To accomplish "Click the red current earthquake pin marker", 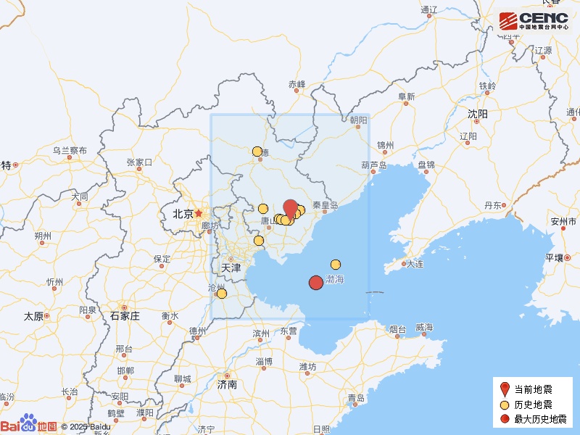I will coord(290,208).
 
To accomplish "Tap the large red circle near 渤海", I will coord(315,283).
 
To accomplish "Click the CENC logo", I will coord(534,20).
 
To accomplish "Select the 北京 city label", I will coord(183,214).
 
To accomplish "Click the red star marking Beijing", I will coord(199,213).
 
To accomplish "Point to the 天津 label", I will coord(230,268).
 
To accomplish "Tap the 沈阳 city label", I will coord(478,114).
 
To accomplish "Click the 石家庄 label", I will coord(125,315).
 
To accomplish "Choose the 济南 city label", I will coord(227,384).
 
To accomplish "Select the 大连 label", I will coord(415,264).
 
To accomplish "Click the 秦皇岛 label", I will coord(325,205).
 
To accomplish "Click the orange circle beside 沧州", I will coord(221,294).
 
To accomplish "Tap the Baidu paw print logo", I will coord(28,422).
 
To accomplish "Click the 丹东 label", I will coord(493,205).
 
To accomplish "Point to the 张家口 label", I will coord(138,162).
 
